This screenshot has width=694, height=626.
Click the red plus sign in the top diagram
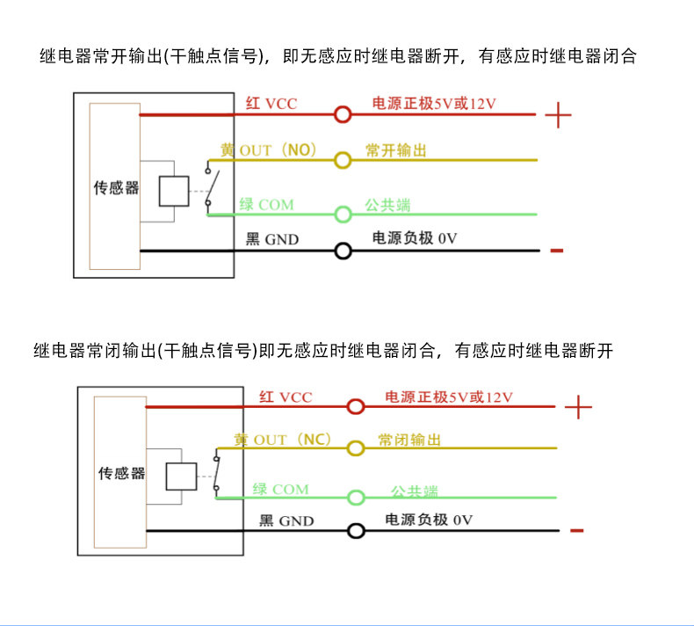(558, 115)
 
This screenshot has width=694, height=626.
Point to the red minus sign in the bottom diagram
(576, 530)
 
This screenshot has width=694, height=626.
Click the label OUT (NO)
(278, 150)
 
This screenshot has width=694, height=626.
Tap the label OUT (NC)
(293, 440)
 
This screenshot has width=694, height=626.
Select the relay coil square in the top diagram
(174, 191)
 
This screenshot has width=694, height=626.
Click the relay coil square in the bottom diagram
(181, 477)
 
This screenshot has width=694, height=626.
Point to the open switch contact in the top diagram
(213, 186)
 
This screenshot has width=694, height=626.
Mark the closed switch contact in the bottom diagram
(217, 473)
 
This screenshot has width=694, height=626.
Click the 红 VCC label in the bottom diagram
(286, 397)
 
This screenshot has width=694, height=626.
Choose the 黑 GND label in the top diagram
(272, 239)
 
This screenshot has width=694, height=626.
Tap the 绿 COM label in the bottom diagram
(280, 489)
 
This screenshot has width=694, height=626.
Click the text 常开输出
(395, 150)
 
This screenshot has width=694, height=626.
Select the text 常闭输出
(409, 440)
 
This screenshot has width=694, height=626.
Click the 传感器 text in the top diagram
(116, 188)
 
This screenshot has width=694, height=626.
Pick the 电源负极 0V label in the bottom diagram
(429, 520)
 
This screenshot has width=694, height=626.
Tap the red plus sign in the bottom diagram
(578, 407)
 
